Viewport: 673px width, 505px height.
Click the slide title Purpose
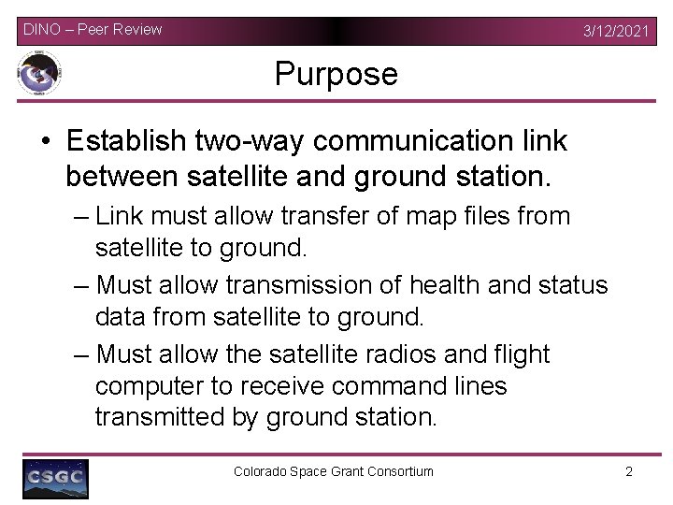pos(336,74)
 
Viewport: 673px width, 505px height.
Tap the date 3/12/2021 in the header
pos(615,31)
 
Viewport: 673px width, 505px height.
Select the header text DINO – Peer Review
pos(93,29)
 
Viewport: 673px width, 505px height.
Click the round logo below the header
pos(39,74)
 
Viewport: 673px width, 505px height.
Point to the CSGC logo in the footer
pos(55,479)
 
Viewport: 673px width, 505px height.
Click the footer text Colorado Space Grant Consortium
pos(334,471)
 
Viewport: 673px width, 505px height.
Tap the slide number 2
pos(629,471)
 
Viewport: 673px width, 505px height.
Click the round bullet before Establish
pos(46,141)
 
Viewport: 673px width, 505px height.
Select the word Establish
pos(126,140)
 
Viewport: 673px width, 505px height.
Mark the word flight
pos(523,354)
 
